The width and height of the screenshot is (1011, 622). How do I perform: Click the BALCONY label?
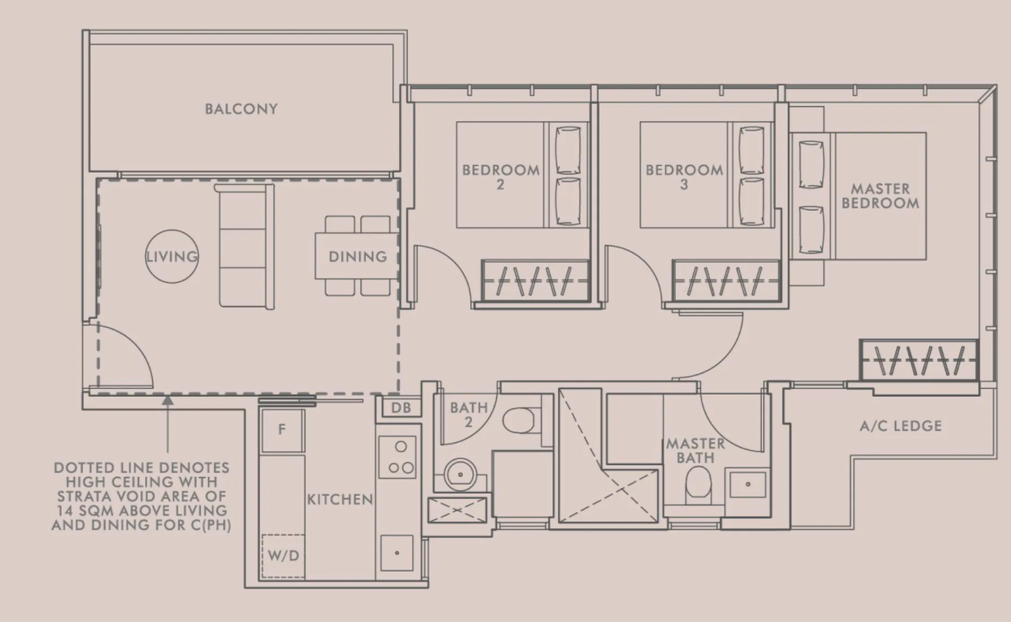coord(241,109)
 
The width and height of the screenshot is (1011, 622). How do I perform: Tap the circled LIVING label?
coord(171,256)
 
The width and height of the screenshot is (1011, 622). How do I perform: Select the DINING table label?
coord(357,256)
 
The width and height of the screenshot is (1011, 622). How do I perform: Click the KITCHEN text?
coord(340,499)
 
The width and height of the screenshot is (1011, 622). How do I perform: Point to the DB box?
coord(401,407)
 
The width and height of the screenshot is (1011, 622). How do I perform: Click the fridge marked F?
coord(282,430)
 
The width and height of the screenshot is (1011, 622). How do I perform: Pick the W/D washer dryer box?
coord(283,556)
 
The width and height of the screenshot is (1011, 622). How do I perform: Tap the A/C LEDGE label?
coord(900,425)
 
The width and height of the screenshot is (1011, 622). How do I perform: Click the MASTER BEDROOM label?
coord(880,196)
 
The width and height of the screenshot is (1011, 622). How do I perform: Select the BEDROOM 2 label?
coord(501,177)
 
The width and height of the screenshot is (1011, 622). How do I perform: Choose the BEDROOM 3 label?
coord(684,177)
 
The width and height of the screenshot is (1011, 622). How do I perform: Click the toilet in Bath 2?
coord(520,420)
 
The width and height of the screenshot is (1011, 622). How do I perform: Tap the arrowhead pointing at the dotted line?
coord(167,401)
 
